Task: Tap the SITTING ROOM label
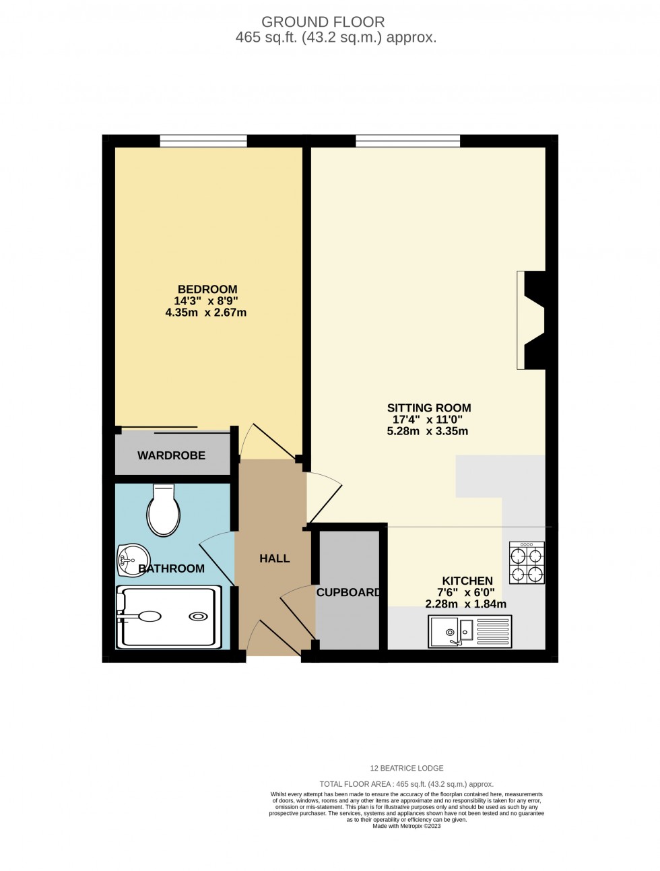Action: [428, 408]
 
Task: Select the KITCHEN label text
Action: [467, 581]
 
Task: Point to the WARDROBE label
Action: [171, 455]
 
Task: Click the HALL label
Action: [274, 558]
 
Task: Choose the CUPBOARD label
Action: [348, 593]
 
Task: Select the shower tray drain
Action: [198, 616]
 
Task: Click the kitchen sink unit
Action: [469, 631]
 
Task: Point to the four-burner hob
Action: [527, 563]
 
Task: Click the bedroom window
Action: [203, 141]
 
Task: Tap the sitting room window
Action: [407, 141]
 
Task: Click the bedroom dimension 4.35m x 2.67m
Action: [206, 313]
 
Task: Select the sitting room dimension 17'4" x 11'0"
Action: [428, 420]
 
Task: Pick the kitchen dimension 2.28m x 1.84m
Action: [465, 604]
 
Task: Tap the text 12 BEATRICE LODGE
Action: [407, 768]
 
